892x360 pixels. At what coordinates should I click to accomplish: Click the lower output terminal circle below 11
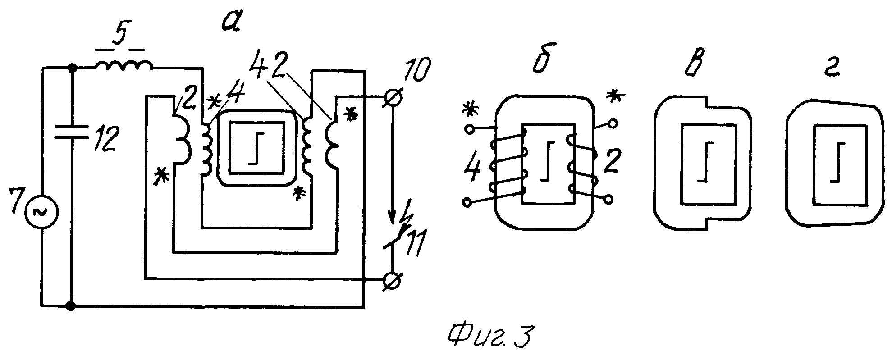pos(391,281)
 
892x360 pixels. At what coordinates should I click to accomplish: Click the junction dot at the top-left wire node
pos(71,68)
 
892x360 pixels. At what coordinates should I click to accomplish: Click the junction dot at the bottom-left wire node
pos(71,306)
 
